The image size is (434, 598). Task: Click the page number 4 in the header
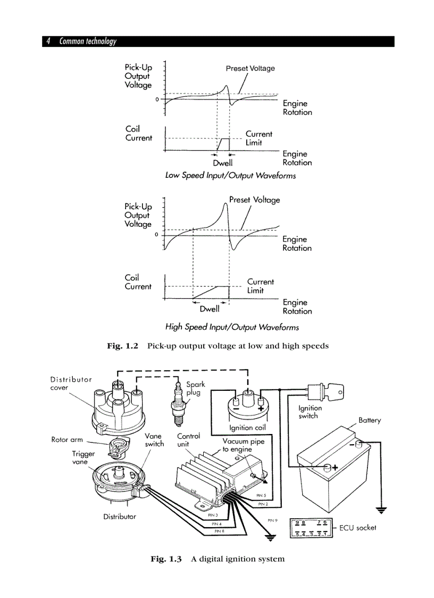[x=48, y=42]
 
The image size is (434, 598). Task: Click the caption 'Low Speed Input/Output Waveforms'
[x=230, y=175]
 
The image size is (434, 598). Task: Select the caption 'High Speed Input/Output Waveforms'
[x=232, y=326]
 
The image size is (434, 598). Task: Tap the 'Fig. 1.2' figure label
[x=122, y=346]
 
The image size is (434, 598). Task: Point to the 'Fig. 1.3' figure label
[x=166, y=559]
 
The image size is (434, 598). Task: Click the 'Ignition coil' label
[x=247, y=428]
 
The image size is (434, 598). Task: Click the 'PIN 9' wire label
[x=272, y=520]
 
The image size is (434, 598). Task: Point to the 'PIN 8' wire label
[x=219, y=531]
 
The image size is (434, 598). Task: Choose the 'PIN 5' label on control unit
[x=261, y=495]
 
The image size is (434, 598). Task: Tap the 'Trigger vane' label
[x=84, y=458]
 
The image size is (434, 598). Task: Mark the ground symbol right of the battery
[x=381, y=510]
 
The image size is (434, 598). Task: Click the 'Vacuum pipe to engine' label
[x=243, y=445]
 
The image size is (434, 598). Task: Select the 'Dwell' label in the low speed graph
[x=223, y=163]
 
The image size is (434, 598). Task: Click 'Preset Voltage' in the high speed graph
[x=254, y=200]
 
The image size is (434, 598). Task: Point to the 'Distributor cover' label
[x=71, y=383]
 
